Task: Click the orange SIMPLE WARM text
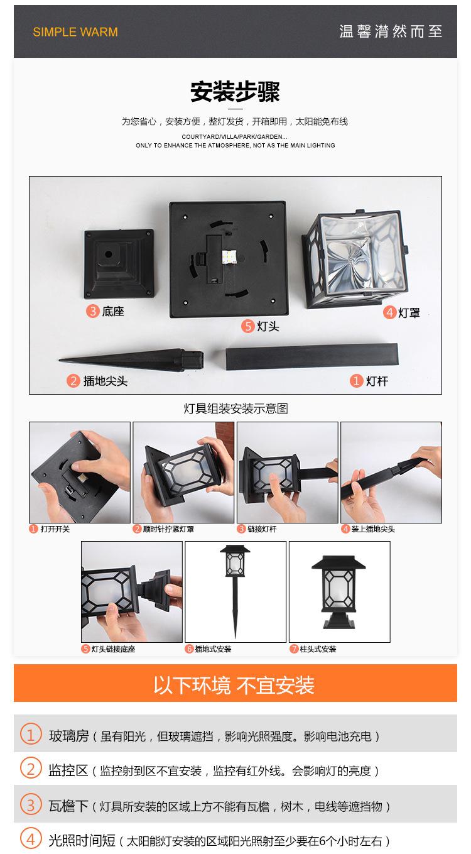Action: tap(75, 31)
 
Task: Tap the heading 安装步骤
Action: tap(235, 92)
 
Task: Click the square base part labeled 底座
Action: tap(119, 263)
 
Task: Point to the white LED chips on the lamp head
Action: tap(229, 258)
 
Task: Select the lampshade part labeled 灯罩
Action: tap(355, 260)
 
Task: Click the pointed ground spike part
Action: tap(131, 360)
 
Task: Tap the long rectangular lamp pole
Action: tap(311, 356)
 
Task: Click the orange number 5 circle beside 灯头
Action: tap(247, 326)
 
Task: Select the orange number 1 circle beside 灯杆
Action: tap(356, 380)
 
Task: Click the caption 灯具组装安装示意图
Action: tap(235, 408)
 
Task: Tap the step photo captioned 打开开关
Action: tap(80, 473)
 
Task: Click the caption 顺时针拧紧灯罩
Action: tap(168, 529)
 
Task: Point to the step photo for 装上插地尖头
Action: tap(391, 473)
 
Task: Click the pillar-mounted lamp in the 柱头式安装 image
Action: tap(338, 592)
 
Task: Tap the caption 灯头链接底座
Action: tap(113, 649)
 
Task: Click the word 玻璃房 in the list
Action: tap(69, 736)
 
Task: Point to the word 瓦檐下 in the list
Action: tap(68, 806)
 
